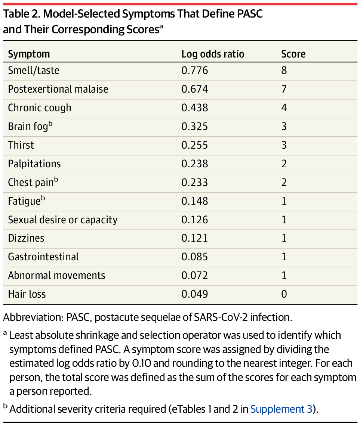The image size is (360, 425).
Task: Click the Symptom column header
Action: pos(29,54)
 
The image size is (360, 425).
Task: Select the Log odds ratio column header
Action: pos(213,54)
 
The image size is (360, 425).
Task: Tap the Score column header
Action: pos(293,54)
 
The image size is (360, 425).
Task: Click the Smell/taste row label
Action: pos(34,70)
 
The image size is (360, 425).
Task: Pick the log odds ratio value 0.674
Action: pos(194,89)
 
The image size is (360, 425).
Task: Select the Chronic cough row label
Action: pos(40,108)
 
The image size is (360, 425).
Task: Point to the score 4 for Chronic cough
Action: pos(284,108)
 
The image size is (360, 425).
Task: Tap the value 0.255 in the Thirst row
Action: pos(194,145)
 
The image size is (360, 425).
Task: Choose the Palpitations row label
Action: pos(34,164)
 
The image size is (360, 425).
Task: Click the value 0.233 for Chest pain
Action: pos(194,182)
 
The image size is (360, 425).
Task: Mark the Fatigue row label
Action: pos(25,201)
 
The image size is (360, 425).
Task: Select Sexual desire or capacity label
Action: pos(63,220)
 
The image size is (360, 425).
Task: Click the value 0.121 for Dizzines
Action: pos(194,238)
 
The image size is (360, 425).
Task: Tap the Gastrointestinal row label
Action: pos(43,257)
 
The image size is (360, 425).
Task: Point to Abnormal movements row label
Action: pos(56,276)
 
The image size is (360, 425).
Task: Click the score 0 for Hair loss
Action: pos(284,294)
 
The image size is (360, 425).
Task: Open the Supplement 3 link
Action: pos(281,409)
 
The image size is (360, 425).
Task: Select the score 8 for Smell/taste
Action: pos(284,70)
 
